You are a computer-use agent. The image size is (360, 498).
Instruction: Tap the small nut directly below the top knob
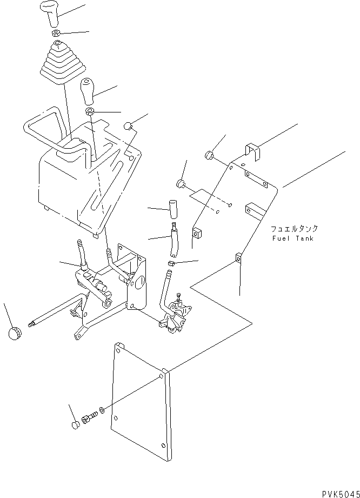tap(56, 34)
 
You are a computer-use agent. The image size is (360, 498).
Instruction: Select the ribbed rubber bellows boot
tap(60, 65)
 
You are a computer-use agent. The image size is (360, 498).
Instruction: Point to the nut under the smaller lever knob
tap(90, 112)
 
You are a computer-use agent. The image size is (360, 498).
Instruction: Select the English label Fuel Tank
tap(292, 238)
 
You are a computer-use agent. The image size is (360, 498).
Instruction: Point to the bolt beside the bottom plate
tap(89, 418)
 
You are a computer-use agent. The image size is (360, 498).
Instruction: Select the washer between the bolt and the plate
tap(103, 410)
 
